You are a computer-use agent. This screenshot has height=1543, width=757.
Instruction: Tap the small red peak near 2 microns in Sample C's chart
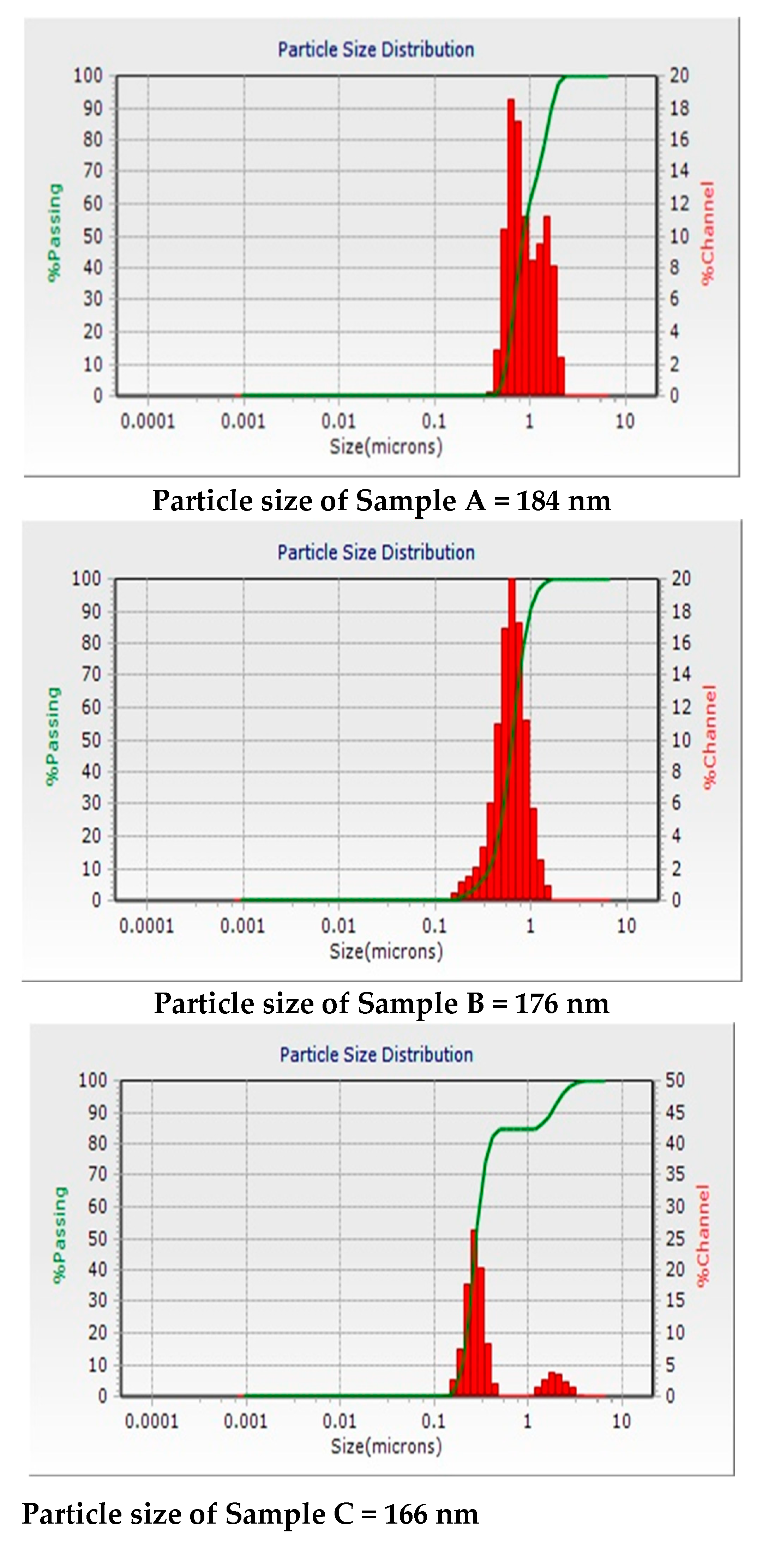552,1382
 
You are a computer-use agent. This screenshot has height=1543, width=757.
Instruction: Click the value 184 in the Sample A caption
538,500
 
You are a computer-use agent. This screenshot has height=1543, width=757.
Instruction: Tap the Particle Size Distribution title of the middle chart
376,552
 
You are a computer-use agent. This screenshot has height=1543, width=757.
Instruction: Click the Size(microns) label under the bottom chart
386,1447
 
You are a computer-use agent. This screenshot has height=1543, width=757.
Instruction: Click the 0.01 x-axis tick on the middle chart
338,926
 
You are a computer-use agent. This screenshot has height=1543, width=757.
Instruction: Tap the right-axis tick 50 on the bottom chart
675,1080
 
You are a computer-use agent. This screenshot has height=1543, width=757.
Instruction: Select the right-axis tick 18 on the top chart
679,108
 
